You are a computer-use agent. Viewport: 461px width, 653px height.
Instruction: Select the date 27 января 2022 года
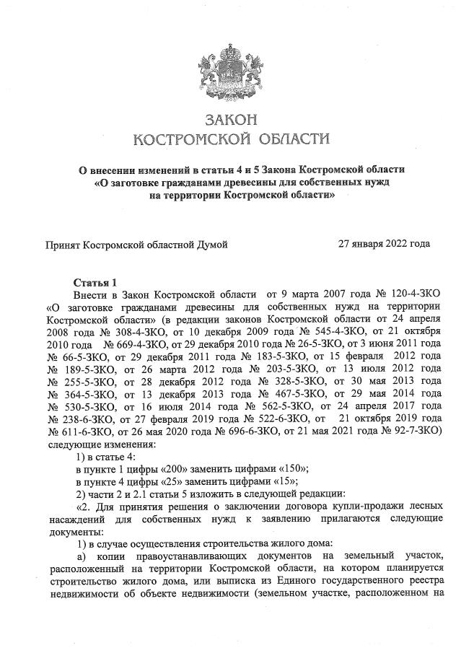[385, 244]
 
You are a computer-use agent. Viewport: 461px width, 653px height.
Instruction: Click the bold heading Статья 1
[95, 281]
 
